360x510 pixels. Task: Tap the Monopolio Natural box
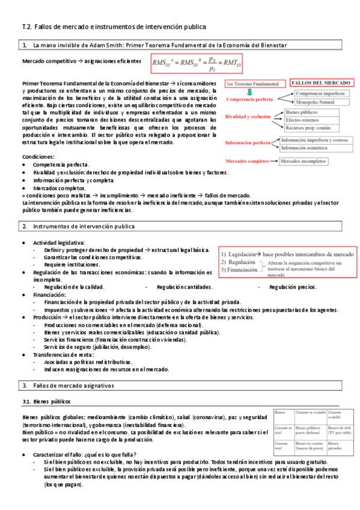(316, 102)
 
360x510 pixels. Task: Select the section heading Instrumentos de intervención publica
(84, 226)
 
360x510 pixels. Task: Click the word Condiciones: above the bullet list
(38, 156)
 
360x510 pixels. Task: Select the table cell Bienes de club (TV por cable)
(341, 430)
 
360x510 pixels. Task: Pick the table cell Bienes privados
(335, 445)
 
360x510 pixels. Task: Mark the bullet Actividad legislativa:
(59, 242)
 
